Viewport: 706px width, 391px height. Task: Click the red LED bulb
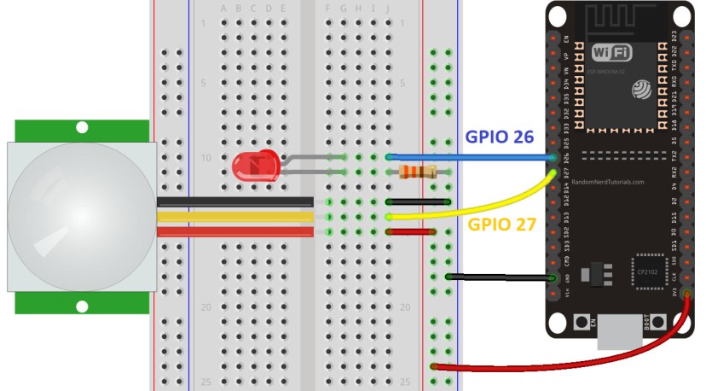pyautogui.click(x=253, y=165)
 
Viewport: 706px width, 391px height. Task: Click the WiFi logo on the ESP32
pyautogui.click(x=612, y=53)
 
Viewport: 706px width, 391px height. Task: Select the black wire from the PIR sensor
pyautogui.click(x=234, y=201)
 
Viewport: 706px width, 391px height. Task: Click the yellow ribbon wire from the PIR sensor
pyautogui.click(x=234, y=217)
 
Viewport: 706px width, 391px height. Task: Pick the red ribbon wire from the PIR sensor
pyautogui.click(x=234, y=231)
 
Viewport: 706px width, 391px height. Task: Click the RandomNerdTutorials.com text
pyautogui.click(x=608, y=182)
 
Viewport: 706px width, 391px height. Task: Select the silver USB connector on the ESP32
pyautogui.click(x=618, y=333)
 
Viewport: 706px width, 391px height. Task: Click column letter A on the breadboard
pyautogui.click(x=224, y=9)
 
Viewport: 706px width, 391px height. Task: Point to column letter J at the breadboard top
pyautogui.click(x=388, y=9)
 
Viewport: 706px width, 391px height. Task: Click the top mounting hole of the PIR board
pyautogui.click(x=82, y=128)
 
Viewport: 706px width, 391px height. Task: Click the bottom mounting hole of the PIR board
pyautogui.click(x=82, y=306)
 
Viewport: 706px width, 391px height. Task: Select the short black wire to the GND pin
pyautogui.click(x=499, y=277)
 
